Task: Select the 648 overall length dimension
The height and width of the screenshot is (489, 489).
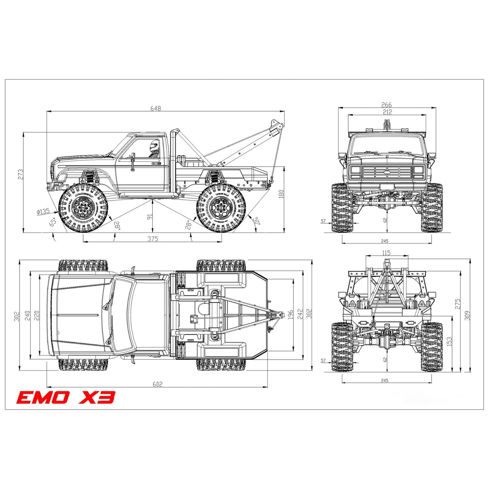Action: tap(156, 108)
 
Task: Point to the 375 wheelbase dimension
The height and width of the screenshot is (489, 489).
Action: tap(153, 239)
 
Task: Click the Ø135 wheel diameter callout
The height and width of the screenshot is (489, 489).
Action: tap(43, 212)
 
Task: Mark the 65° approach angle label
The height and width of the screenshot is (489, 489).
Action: tap(53, 222)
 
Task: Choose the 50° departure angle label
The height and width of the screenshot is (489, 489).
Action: tap(257, 221)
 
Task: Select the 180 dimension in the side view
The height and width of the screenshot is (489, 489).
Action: tap(281, 194)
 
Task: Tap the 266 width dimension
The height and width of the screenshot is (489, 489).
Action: tap(386, 105)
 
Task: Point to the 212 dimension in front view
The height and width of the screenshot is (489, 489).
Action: tap(387, 112)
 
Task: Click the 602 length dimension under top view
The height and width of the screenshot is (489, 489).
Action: tap(157, 384)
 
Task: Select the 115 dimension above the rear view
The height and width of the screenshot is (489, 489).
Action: tap(386, 253)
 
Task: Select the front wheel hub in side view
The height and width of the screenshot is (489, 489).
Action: tap(82, 207)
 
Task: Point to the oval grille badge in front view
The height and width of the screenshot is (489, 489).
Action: tap(387, 172)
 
